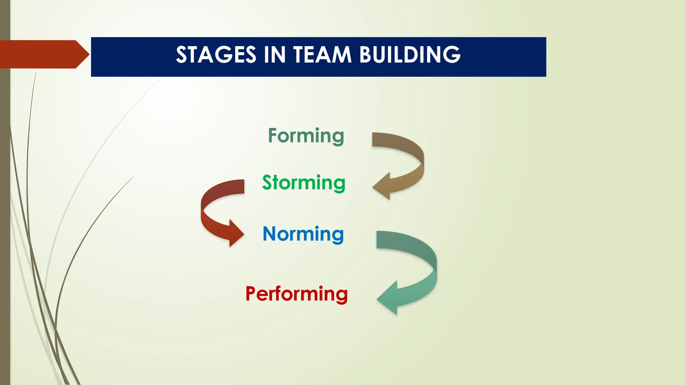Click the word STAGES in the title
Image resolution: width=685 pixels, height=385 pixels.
[216, 55]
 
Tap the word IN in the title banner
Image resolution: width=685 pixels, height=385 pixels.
[275, 55]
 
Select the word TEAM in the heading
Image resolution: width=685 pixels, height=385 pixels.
[322, 55]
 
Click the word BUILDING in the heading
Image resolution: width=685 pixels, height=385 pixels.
[410, 55]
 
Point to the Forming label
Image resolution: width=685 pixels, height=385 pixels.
[306, 136]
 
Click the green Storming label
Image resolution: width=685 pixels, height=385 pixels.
[304, 183]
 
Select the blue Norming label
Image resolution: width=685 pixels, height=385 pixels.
[303, 234]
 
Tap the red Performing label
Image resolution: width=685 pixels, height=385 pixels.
[297, 294]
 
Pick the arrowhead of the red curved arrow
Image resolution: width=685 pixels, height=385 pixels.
[235, 233]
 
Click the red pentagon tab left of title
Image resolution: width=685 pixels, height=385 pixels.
[43, 54]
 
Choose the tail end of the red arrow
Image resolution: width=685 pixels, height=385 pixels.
[240, 186]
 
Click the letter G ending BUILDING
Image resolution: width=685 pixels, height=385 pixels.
[452, 55]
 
